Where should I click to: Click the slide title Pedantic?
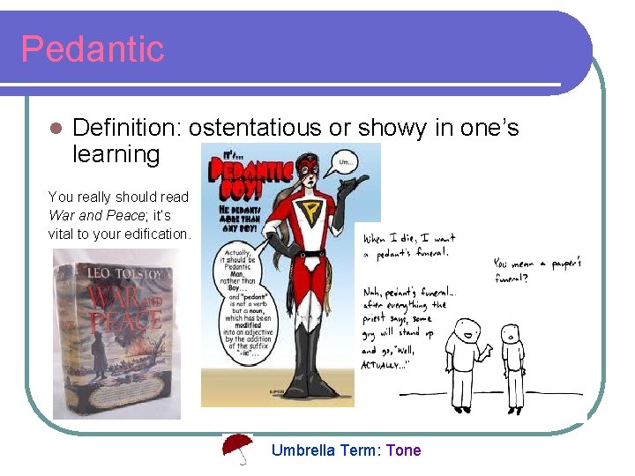coord(93,49)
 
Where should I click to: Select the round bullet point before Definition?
coord(56,129)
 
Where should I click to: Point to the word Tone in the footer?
coord(403,450)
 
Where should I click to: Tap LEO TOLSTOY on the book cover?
coord(114,274)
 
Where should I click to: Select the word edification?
coord(153,234)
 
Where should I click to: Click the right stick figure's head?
coord(510,333)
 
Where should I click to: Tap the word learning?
coord(116,155)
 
